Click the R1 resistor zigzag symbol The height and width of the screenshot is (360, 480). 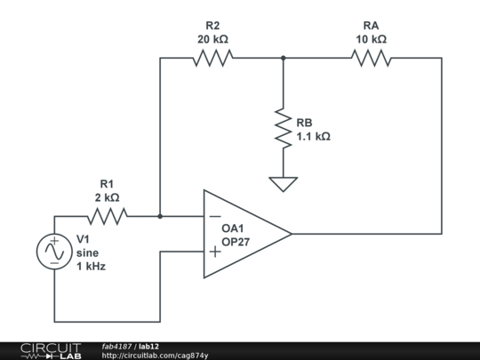[x=108, y=216]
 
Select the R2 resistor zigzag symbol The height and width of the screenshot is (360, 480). [x=212, y=58]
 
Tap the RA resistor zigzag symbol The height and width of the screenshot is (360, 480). [x=371, y=58]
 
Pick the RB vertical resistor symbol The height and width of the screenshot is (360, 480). [x=283, y=129]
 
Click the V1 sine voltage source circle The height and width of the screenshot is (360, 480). [x=53, y=252]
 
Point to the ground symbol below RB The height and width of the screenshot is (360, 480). [x=283, y=184]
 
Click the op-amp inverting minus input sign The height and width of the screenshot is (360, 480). [x=214, y=216]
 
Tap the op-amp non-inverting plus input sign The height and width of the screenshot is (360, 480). [x=214, y=252]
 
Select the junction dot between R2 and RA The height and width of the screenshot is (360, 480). [x=283, y=58]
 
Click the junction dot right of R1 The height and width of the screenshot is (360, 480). [x=160, y=216]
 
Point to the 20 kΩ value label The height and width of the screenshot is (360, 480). [x=212, y=39]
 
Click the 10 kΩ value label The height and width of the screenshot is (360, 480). [x=371, y=39]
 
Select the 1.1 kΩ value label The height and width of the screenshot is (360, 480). [x=313, y=136]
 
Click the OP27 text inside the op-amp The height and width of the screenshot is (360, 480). [x=236, y=242]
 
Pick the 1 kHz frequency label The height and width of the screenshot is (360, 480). [x=91, y=265]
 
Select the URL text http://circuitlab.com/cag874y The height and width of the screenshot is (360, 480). [x=156, y=356]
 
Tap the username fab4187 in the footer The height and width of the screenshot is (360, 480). [x=117, y=346]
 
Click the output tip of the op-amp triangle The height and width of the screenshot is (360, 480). [x=291, y=234]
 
